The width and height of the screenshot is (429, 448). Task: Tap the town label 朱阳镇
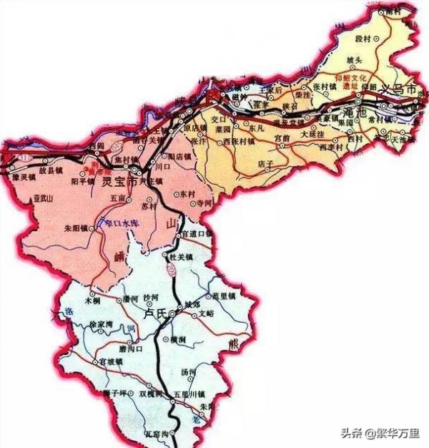[75, 229]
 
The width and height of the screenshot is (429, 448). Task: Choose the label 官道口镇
[197, 233]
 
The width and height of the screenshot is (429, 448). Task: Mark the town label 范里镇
[224, 295]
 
